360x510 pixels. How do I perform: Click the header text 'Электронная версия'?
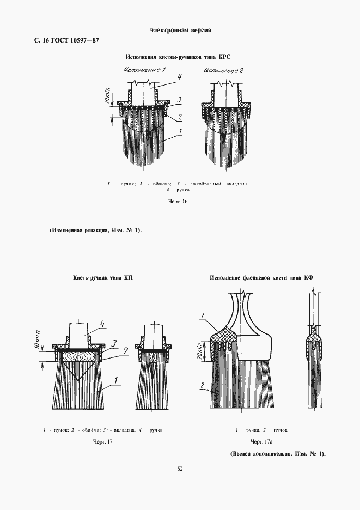[x=180, y=30]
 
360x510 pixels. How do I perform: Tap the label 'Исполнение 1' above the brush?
[x=144, y=70]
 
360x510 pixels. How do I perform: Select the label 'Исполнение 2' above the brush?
[x=223, y=70]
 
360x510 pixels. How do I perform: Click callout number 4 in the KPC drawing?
[x=179, y=77]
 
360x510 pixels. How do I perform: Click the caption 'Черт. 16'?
[x=179, y=202]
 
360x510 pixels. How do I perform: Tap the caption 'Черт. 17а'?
[x=261, y=441]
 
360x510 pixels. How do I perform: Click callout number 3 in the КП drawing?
[x=115, y=342]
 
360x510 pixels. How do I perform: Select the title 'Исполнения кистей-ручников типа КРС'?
[x=179, y=57]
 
